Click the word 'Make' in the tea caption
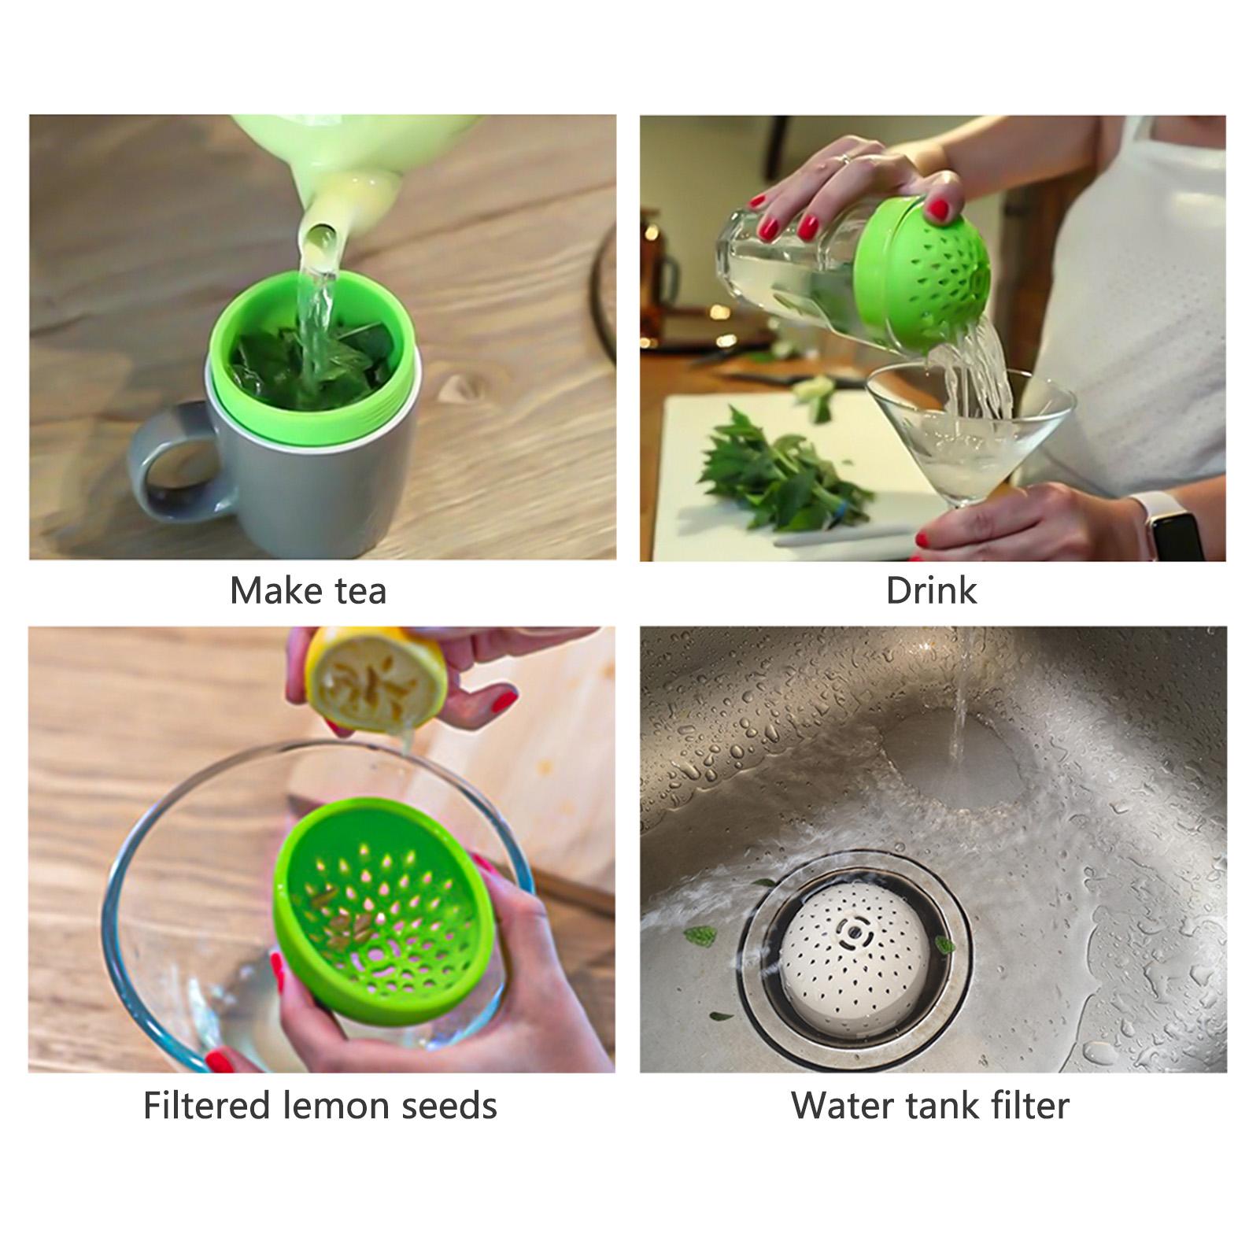pyautogui.click(x=268, y=590)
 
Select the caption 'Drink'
pyautogui.click(x=932, y=590)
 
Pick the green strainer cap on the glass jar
pyautogui.click(x=920, y=271)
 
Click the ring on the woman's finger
pyautogui.click(x=843, y=159)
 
